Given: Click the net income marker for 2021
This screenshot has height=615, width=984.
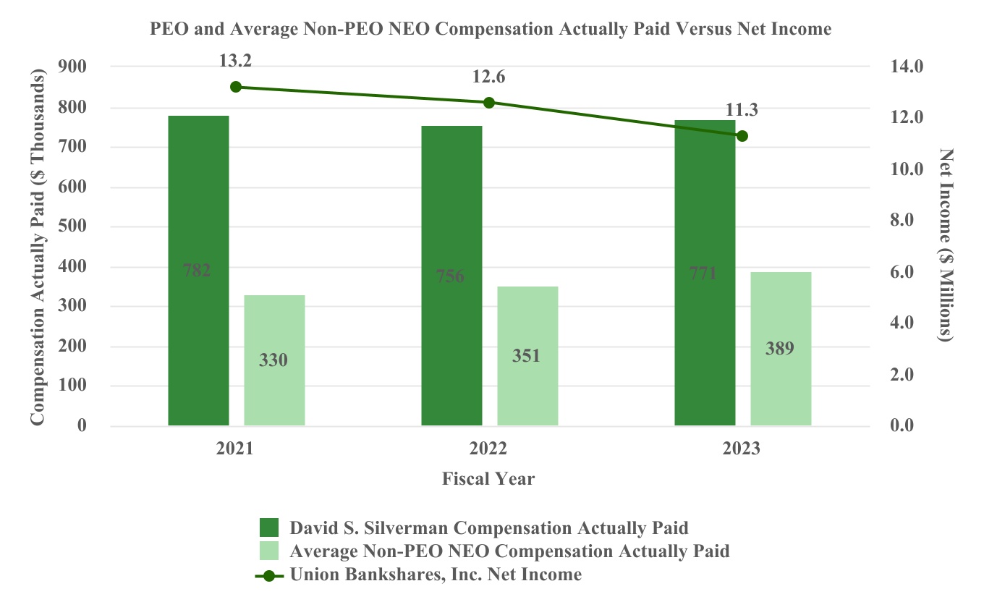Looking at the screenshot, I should click(235, 87).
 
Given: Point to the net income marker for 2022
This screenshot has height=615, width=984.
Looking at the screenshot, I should click(489, 103).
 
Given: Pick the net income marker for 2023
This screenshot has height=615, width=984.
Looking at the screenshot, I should click(742, 136).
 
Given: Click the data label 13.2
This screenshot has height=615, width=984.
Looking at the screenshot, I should click(235, 61).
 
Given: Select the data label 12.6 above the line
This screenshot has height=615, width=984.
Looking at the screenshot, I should click(488, 77).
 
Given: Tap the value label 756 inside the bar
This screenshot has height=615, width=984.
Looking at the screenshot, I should click(450, 276).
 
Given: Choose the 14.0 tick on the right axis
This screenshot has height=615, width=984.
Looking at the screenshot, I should click(908, 67).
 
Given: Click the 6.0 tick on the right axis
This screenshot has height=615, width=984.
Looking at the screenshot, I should click(908, 272).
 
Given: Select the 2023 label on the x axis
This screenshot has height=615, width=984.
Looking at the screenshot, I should click(742, 449).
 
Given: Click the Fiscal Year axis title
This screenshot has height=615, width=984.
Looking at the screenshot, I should click(488, 478).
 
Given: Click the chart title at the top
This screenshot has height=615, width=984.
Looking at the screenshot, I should click(491, 29).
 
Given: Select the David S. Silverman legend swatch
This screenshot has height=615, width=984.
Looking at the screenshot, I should click(269, 527).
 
